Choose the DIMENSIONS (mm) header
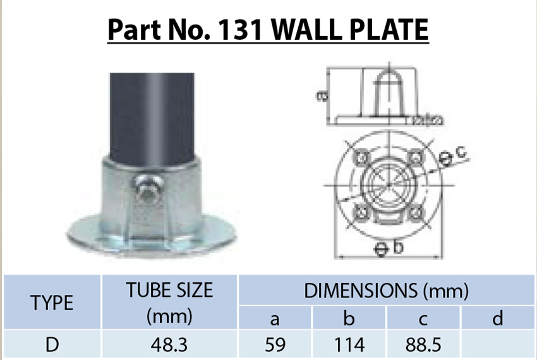pos(386,291)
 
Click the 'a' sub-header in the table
pos(275,319)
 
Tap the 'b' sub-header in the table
pos(351,319)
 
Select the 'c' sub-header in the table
pos(425,319)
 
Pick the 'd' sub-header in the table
pos(498,319)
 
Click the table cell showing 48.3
pos(169,345)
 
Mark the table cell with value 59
pos(275,345)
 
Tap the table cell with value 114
pos(351,345)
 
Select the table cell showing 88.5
pos(425,345)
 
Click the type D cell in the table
pos(52,345)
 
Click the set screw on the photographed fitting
pos(146,190)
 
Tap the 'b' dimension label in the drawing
pos(397,248)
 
